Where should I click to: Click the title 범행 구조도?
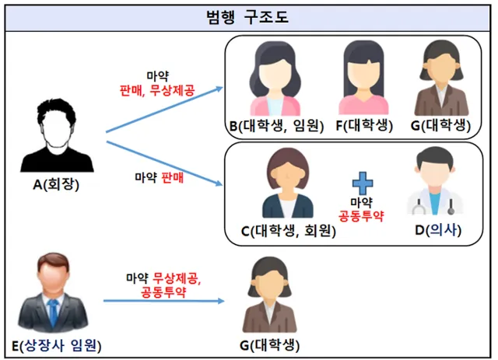[249, 16]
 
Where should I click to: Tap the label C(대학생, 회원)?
[289, 231]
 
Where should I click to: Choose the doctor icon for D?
[435, 184]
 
